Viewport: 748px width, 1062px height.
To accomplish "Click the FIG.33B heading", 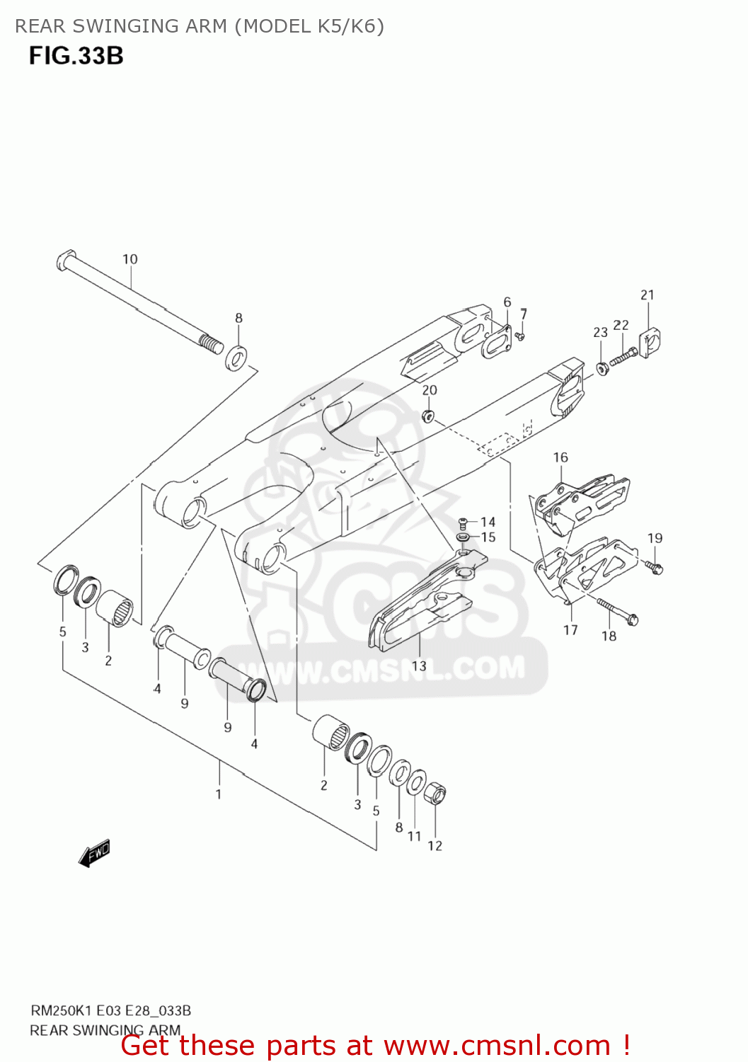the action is [x=76, y=56].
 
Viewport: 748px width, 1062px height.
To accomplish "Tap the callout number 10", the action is [x=130, y=259].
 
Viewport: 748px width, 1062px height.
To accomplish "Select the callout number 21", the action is [x=648, y=295].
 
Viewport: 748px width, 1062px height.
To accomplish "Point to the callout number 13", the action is [x=419, y=666].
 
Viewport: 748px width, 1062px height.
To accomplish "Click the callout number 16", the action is [x=560, y=457].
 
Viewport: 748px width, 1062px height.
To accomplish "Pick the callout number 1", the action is [x=219, y=794].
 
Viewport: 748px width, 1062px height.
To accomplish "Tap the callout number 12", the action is [x=435, y=845].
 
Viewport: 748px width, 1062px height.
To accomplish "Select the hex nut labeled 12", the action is [x=435, y=794].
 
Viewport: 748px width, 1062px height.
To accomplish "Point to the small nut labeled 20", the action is [x=427, y=415].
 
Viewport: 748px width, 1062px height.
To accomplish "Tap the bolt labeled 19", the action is [x=655, y=566].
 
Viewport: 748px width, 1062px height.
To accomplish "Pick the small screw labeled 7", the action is [x=519, y=335].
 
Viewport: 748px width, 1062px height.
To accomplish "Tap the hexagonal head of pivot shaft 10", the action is [x=66, y=259].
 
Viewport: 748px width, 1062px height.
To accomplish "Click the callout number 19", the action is [x=655, y=538].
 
